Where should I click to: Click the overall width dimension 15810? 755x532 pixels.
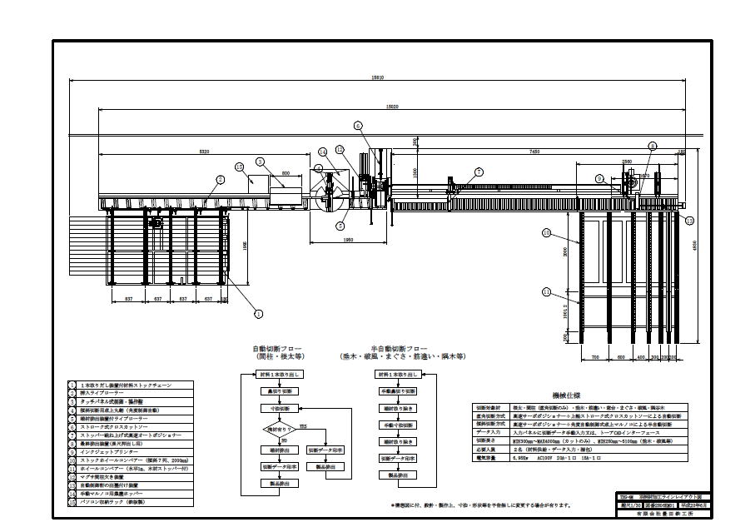click(378, 77)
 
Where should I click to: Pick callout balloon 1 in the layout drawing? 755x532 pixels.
click(258, 314)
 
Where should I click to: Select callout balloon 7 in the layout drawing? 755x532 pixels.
click(479, 172)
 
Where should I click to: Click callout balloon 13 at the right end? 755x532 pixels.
click(688, 221)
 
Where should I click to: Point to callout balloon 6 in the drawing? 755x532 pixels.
click(358, 126)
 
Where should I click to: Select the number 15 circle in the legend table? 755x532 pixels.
click(73, 502)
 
